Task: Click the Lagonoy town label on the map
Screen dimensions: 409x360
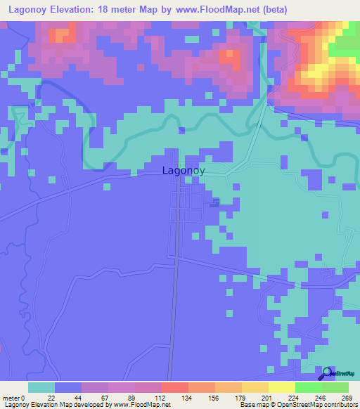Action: (x=184, y=170)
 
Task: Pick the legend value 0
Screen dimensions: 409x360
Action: (x=25, y=397)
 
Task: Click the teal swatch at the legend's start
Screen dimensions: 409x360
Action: (x=41, y=387)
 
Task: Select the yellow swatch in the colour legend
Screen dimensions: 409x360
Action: (x=282, y=387)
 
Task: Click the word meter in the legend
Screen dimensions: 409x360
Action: (x=12, y=397)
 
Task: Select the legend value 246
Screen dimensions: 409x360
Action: (x=322, y=397)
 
